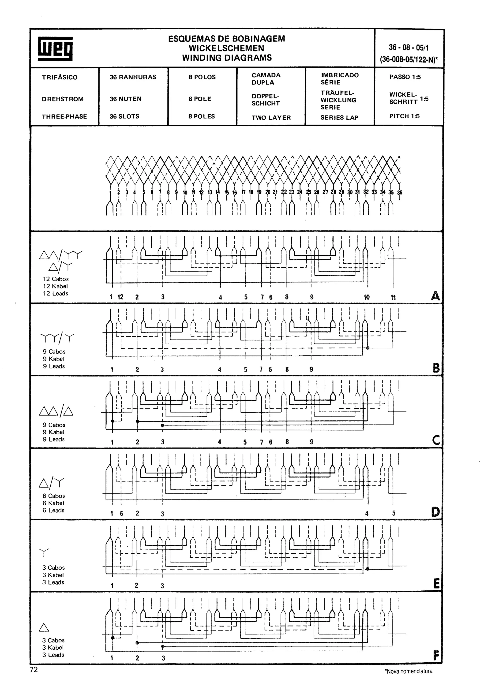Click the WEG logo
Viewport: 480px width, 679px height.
pyautogui.click(x=55, y=49)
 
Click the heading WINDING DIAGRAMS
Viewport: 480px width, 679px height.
pyautogui.click(x=227, y=58)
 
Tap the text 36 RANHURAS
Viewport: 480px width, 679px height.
pyautogui.click(x=133, y=77)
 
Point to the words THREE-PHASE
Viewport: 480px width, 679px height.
pyautogui.click(x=64, y=116)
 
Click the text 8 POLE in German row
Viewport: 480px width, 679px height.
pyautogui.click(x=200, y=99)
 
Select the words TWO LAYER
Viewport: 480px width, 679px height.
pyautogui.click(x=271, y=118)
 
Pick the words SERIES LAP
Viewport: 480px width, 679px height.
pyautogui.click(x=339, y=118)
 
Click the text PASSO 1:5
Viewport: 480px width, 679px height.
pyautogui.click(x=405, y=77)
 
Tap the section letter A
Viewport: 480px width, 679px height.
pyautogui.click(x=435, y=296)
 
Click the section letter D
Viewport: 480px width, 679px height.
pyautogui.click(x=435, y=512)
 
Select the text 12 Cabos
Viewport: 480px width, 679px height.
pyautogui.click(x=56, y=279)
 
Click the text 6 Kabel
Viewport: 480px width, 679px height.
pyautogui.click(x=53, y=503)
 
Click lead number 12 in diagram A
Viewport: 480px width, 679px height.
pyautogui.click(x=120, y=297)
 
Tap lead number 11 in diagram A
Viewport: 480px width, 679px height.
pyautogui.click(x=393, y=297)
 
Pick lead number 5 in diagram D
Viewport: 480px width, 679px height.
pyautogui.click(x=394, y=513)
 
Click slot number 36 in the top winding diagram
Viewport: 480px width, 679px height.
pyautogui.click(x=400, y=193)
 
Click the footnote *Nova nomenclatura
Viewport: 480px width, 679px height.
pyautogui.click(x=409, y=671)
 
